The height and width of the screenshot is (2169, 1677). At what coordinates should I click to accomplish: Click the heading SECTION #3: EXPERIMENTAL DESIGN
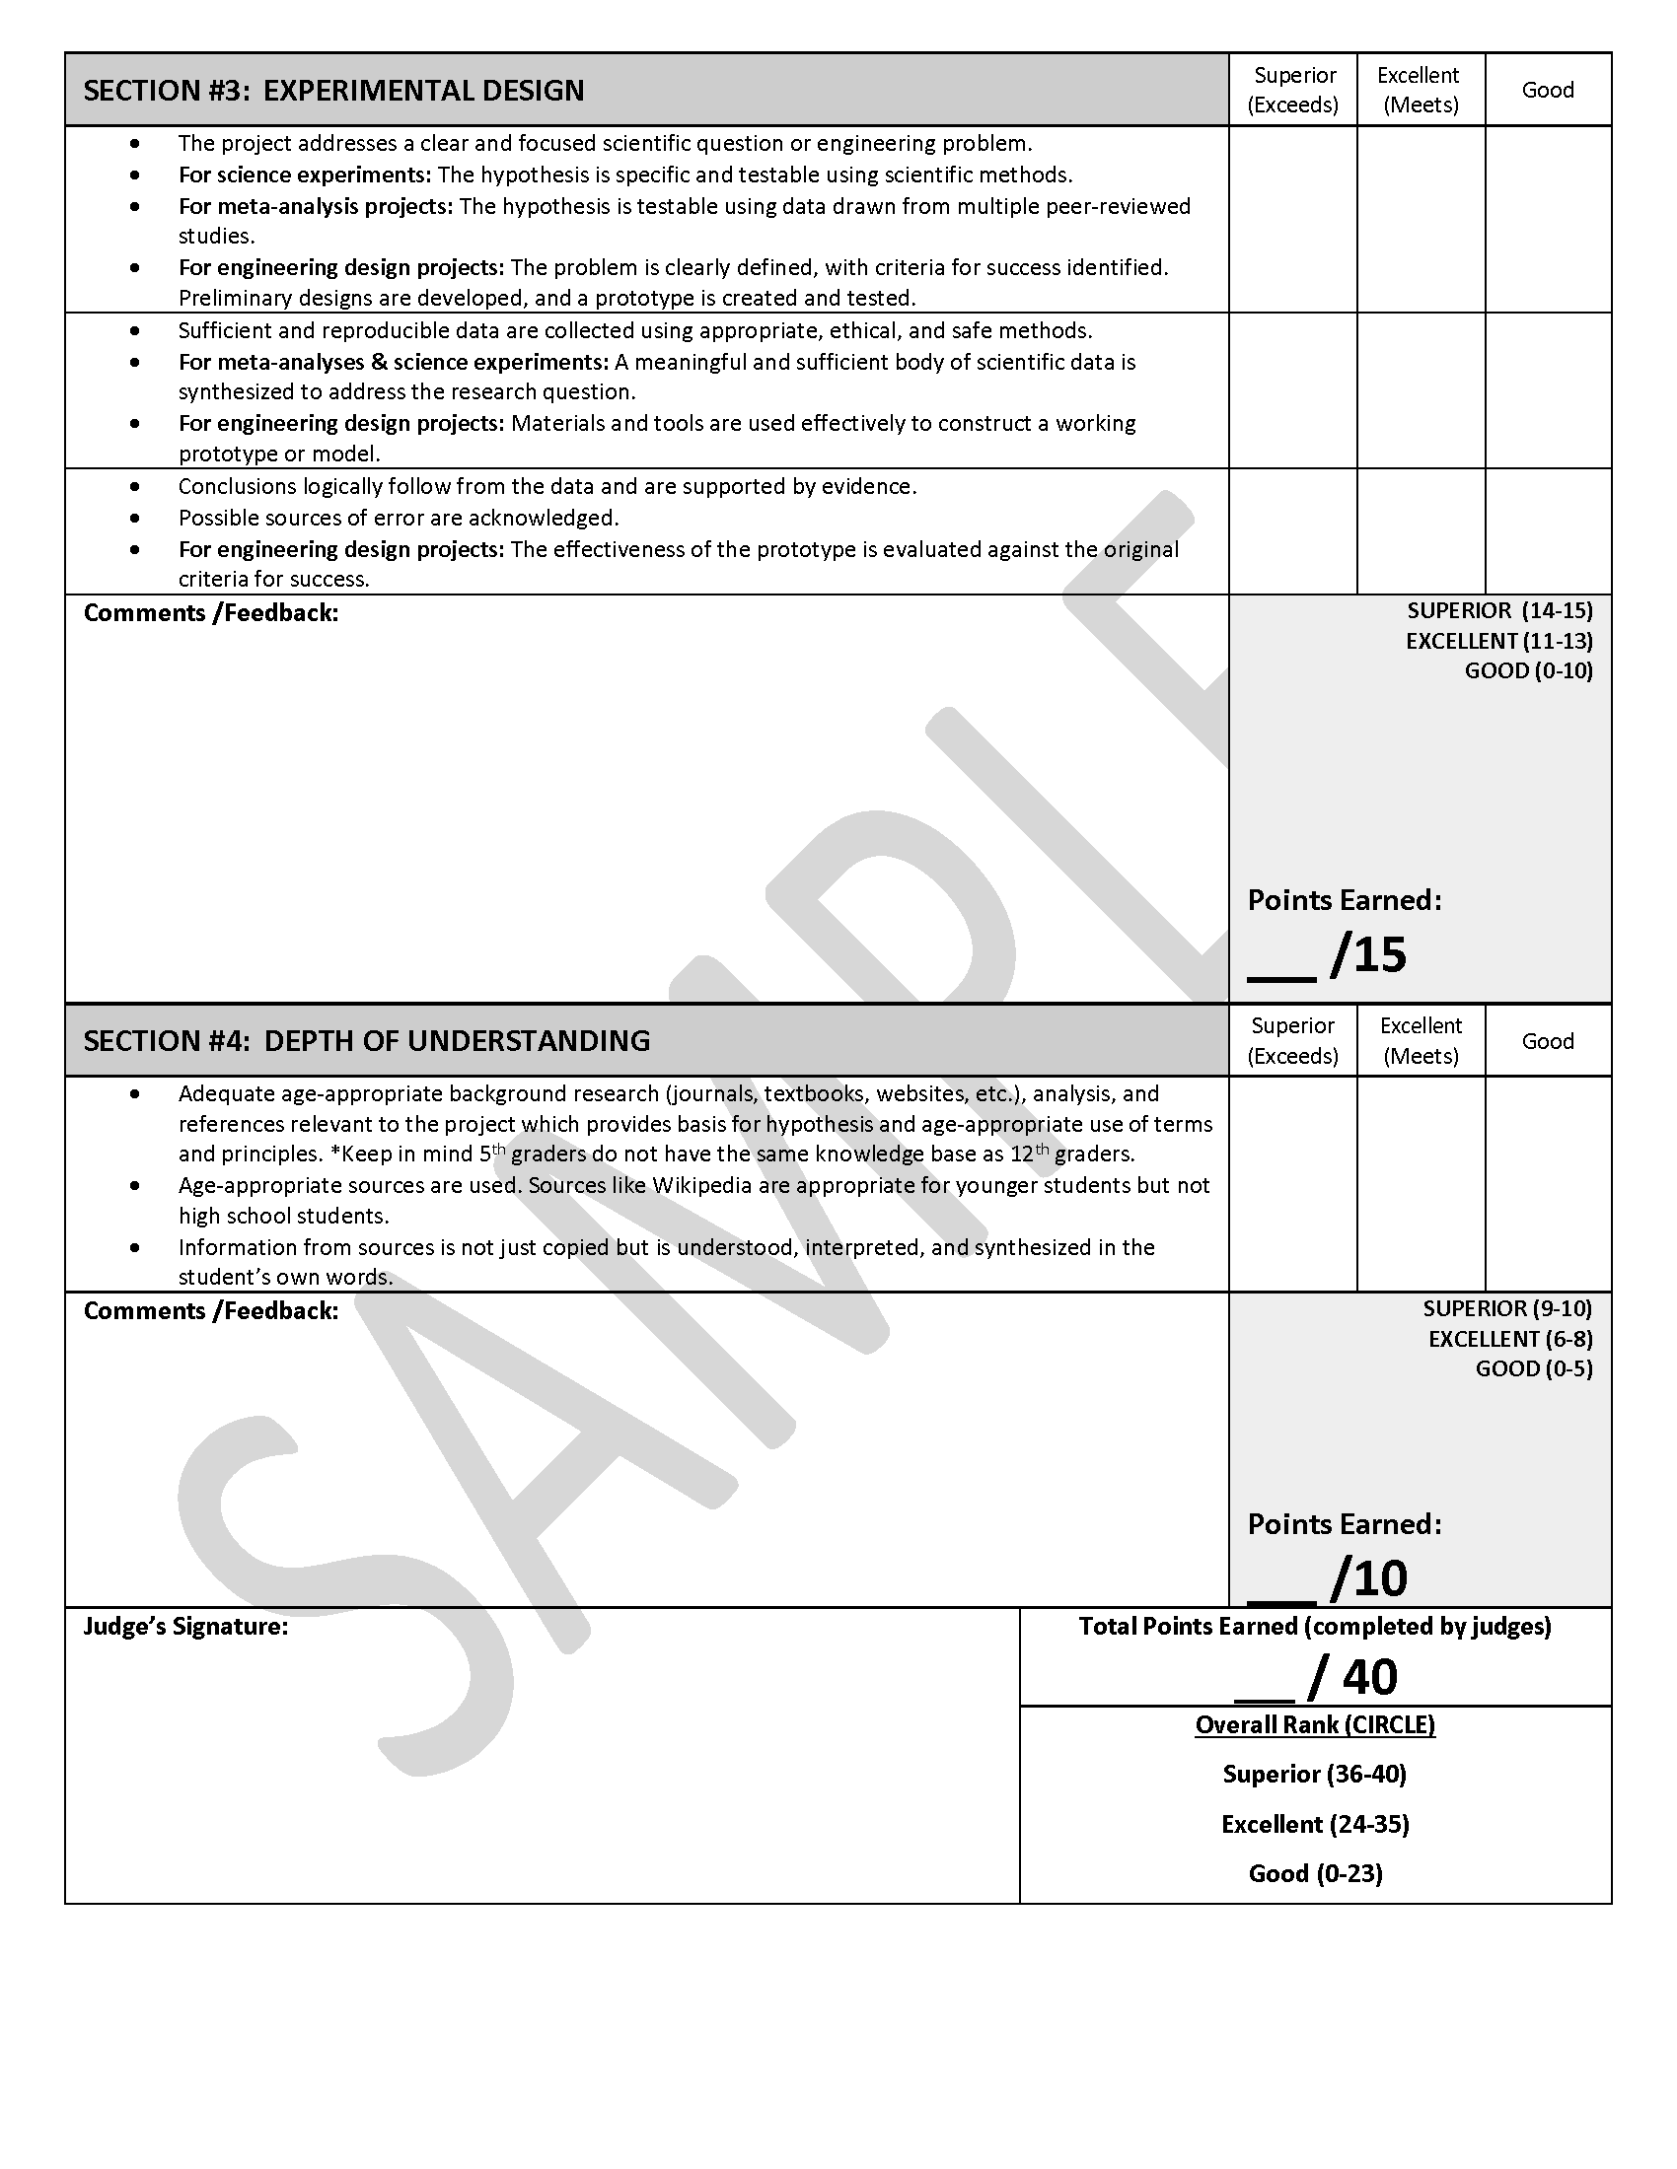(333, 91)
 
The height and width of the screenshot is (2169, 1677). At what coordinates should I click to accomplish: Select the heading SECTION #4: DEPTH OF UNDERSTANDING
(367, 1041)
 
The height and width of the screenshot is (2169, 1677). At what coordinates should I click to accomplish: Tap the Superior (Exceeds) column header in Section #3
(1292, 90)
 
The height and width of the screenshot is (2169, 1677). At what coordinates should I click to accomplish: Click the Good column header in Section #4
(1547, 1041)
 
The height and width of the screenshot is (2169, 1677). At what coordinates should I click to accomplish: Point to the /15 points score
(1367, 954)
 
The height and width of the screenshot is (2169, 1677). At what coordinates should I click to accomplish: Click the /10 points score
(1368, 1578)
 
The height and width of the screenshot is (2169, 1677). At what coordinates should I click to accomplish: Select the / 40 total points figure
(1353, 1676)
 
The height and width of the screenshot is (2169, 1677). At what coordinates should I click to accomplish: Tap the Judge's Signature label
(185, 1627)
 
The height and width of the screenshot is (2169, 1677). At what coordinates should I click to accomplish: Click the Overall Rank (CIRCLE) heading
(1314, 1725)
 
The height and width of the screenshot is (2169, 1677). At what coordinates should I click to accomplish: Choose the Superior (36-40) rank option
(1314, 1774)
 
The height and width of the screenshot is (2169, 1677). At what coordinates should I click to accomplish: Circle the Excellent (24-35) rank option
(1314, 1823)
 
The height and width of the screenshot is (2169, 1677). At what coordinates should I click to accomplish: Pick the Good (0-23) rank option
(1314, 1873)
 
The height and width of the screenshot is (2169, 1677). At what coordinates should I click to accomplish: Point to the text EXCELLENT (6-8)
(1510, 1339)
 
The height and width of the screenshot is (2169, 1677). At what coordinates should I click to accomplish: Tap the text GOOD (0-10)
(1528, 670)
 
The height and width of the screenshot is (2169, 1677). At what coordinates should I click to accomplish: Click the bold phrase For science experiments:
(305, 175)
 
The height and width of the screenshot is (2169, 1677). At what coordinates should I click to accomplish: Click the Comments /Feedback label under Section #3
(211, 613)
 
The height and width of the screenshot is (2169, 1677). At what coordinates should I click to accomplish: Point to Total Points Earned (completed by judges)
(1314, 1627)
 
